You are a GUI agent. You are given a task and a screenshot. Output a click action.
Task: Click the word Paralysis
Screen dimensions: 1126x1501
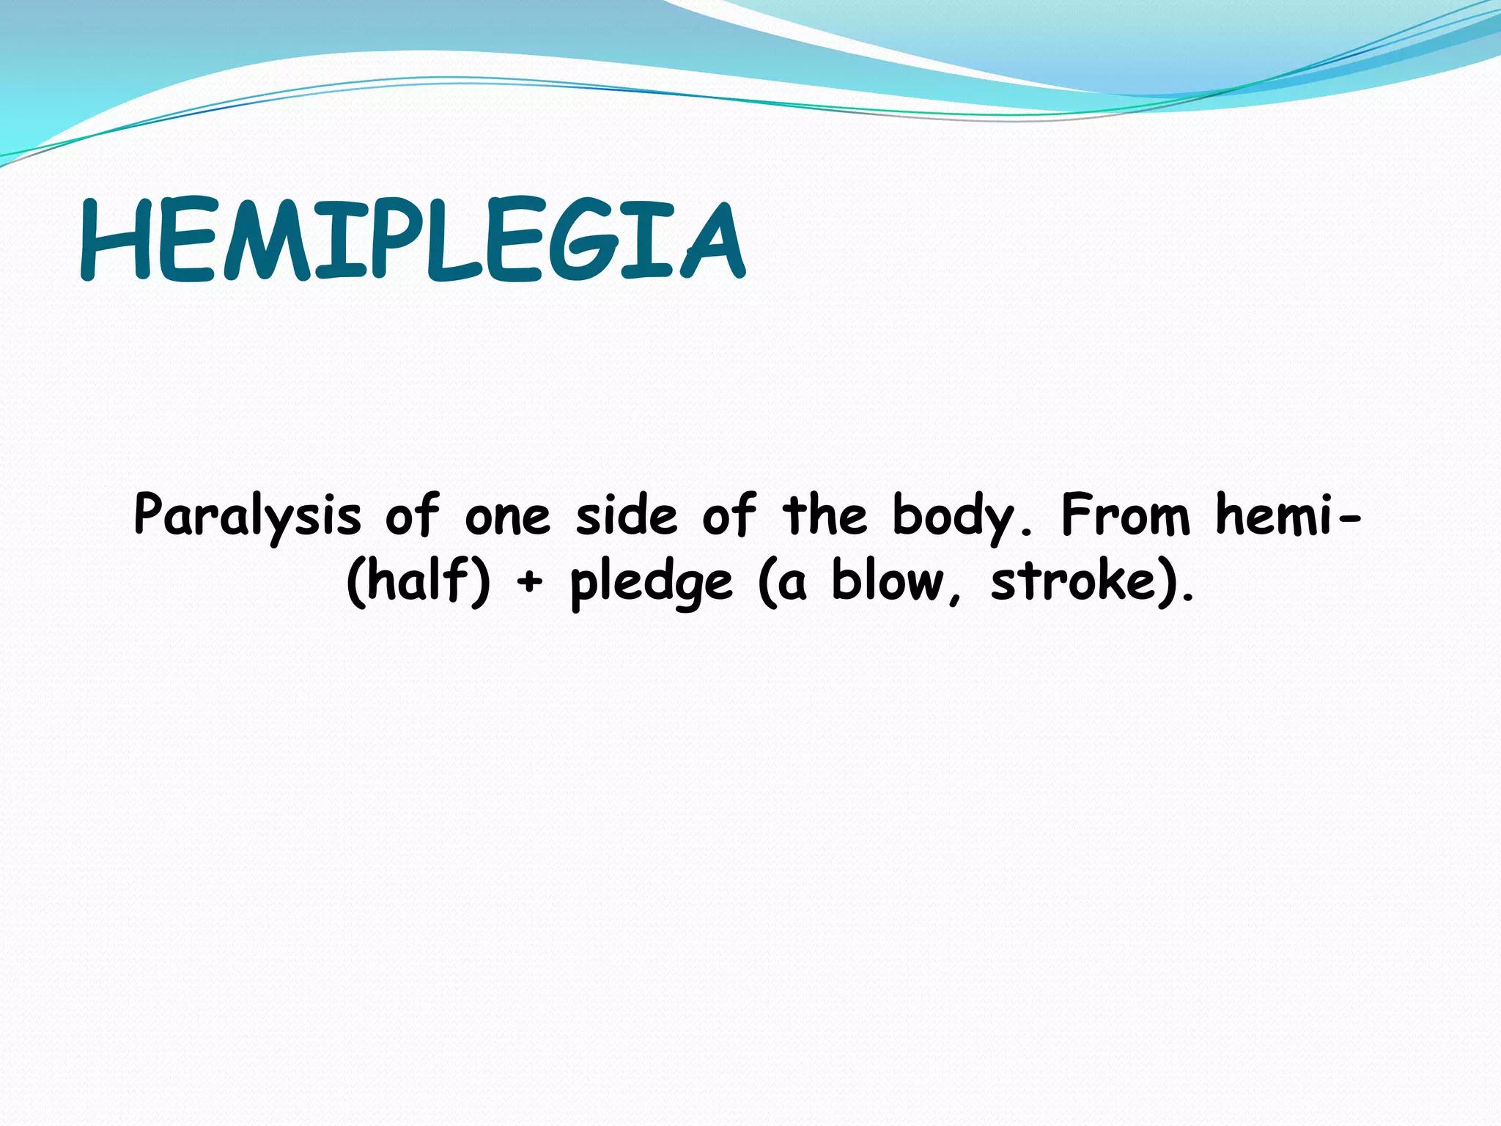pyautogui.click(x=248, y=515)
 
